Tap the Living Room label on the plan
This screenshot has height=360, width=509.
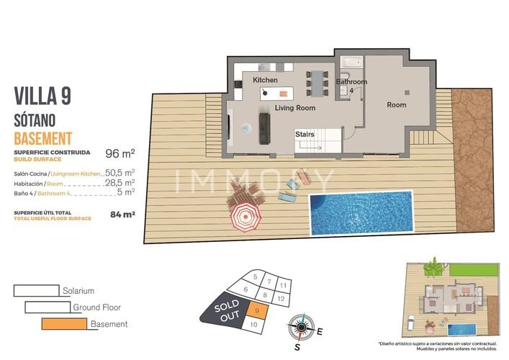pos(295,108)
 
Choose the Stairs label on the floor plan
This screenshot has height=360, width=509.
pos(305,134)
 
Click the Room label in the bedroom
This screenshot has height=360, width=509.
pos(397,105)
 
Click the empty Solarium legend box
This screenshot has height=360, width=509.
pos(36,290)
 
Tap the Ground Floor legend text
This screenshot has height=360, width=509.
pos(96,307)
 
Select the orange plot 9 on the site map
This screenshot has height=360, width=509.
pos(258,310)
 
